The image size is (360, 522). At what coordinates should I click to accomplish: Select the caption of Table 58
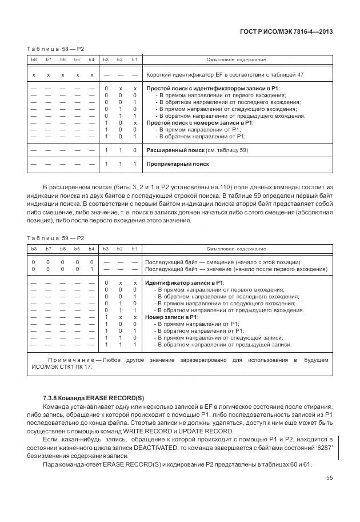(55, 49)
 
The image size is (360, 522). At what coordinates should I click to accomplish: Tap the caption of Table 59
(55, 238)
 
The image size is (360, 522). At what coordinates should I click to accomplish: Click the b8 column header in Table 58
(34, 59)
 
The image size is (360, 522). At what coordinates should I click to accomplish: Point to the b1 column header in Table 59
(134, 249)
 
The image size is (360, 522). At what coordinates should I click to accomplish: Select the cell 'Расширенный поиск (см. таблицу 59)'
(197, 150)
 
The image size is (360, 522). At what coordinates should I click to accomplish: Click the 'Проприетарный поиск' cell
(177, 164)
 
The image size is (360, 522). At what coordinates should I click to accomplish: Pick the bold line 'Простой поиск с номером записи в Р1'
(200, 123)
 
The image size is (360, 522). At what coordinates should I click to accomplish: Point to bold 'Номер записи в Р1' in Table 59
(171, 317)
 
